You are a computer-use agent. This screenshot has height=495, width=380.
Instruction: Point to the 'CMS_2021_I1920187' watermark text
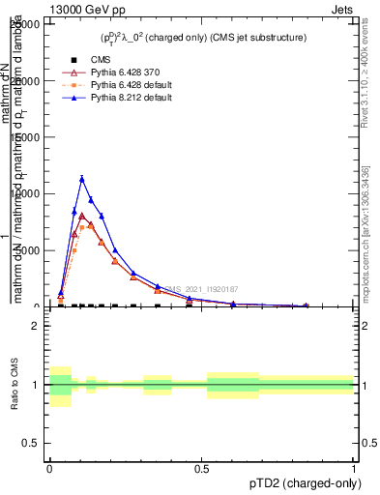tap(198, 289)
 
